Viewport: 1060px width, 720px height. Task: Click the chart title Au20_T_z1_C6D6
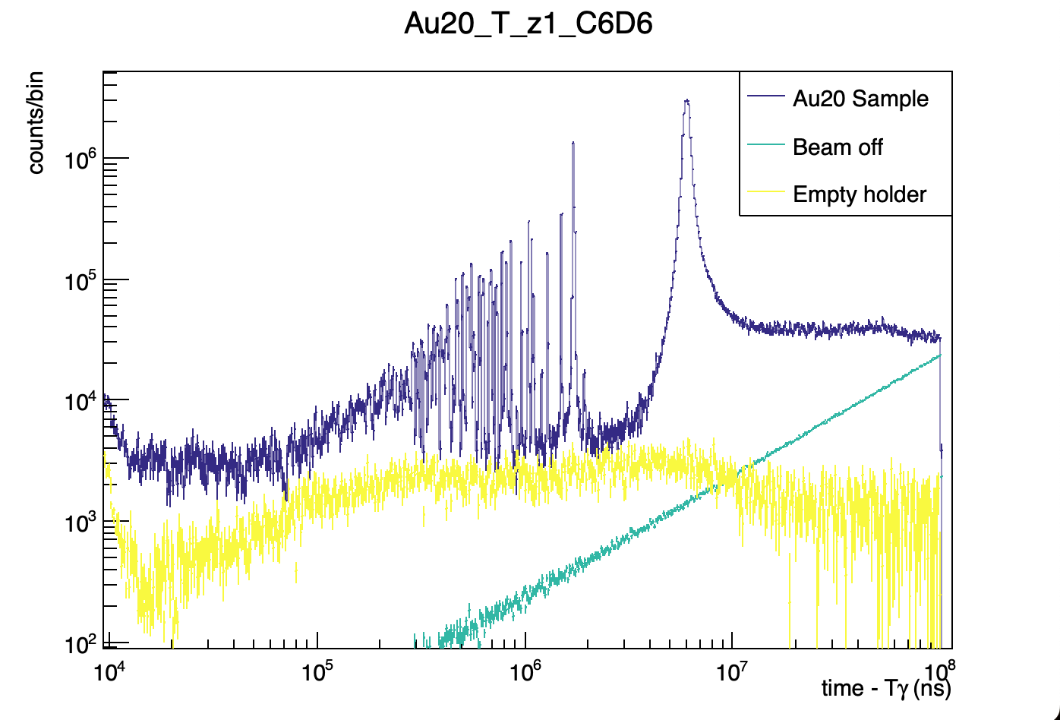pos(528,24)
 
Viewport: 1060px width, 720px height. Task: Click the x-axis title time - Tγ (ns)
pos(885,688)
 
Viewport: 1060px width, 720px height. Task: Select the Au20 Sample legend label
pos(860,99)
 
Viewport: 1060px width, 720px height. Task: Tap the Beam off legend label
pos(838,147)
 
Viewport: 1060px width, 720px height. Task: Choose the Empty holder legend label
pos(860,194)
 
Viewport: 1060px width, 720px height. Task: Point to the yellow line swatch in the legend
pos(765,194)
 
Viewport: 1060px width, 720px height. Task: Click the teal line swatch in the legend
pos(765,147)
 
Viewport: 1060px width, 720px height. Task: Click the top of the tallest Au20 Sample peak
pos(686,100)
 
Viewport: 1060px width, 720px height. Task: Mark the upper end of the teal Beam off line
pos(940,355)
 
